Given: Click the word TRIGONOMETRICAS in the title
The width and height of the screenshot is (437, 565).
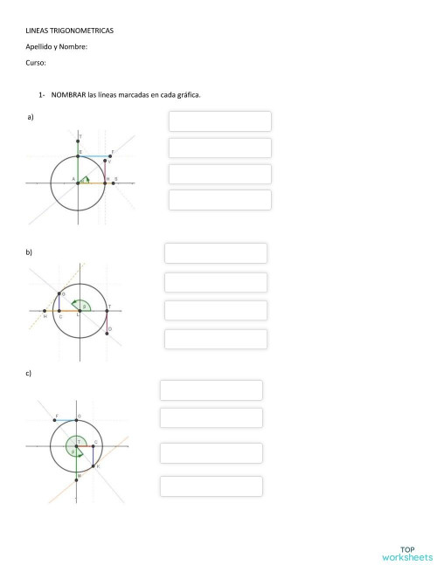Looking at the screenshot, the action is pos(86,31).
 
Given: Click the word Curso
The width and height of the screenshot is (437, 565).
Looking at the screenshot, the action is pos(35,63).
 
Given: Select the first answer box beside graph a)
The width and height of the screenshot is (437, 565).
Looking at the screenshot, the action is pos(219,121).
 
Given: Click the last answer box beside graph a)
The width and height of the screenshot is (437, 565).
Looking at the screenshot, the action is pos(219,200).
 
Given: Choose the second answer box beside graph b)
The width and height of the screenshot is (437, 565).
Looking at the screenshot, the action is pos(216,282).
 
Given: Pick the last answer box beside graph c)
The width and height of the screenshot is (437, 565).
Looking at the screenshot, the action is pos(211,486).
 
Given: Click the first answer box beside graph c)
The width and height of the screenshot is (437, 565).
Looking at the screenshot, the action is pos(211,390).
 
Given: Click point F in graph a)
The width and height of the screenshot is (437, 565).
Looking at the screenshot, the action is pos(111,155).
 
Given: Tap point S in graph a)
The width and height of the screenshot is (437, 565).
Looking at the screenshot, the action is pos(113,183).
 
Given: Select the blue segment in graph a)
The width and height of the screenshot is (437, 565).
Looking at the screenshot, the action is pos(94,155).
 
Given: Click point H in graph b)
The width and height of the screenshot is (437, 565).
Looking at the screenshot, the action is pos(45,310).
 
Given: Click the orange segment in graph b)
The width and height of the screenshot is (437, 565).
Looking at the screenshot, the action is pos(68,310).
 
